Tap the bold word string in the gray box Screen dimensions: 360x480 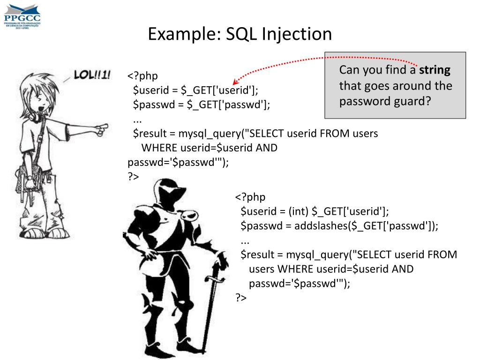point(435,70)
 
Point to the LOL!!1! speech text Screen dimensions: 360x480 point(92,75)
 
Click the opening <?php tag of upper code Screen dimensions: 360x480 point(142,75)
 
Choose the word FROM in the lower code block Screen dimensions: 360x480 point(442,255)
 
